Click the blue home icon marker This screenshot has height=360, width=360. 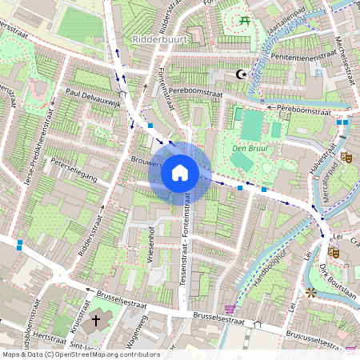pos(180,173)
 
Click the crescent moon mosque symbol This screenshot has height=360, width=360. pos(240,75)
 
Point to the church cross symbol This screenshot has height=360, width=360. pos(96,320)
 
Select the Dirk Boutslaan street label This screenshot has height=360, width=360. pos(336,281)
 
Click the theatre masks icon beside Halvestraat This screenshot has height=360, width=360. pos(346,158)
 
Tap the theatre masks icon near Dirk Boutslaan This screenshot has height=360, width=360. pos(332,251)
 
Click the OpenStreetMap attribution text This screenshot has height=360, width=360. pos(80,354)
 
